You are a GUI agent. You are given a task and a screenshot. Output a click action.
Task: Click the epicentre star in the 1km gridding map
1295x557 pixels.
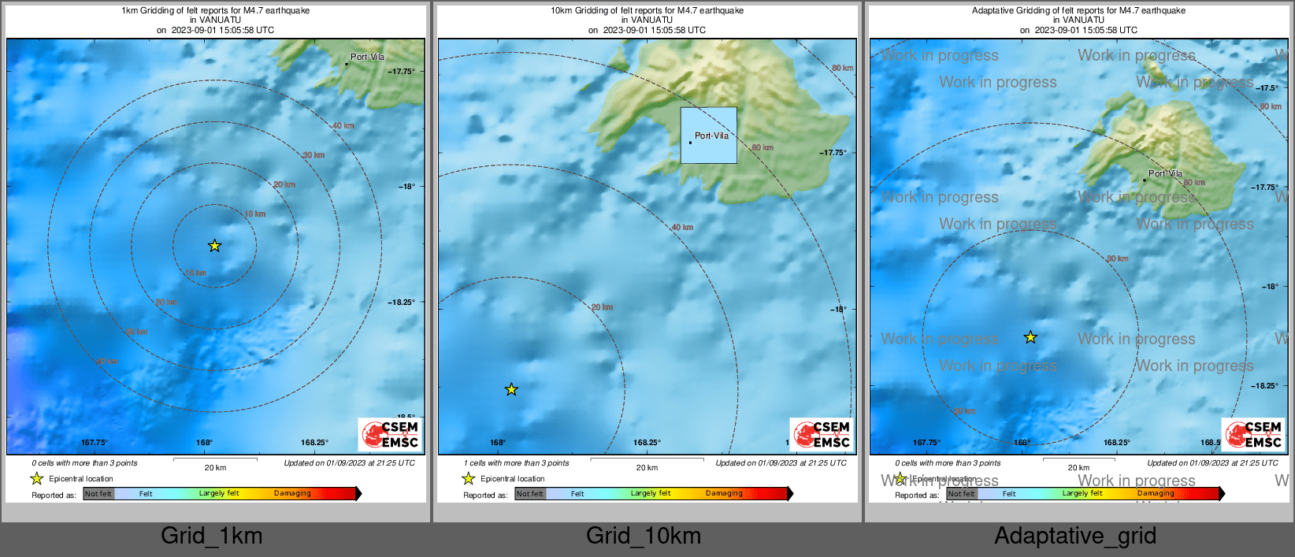click(214, 246)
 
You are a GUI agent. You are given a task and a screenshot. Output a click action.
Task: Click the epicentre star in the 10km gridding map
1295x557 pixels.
click(511, 389)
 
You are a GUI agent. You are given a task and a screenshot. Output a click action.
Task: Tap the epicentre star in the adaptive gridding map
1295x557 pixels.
click(1030, 337)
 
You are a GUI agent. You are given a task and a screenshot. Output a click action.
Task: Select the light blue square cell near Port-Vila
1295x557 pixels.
click(709, 136)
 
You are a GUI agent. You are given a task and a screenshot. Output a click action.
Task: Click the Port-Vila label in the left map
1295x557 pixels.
click(367, 57)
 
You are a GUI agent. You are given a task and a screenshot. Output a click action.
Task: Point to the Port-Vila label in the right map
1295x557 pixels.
click(1165, 173)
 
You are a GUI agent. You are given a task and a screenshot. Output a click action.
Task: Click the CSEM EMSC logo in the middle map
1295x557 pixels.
click(822, 434)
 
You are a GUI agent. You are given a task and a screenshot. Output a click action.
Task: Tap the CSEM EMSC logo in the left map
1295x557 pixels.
click(390, 434)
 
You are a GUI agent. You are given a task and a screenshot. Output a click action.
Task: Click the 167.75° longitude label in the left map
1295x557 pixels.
click(95, 443)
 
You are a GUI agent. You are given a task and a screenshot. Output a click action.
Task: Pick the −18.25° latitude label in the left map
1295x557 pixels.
click(401, 302)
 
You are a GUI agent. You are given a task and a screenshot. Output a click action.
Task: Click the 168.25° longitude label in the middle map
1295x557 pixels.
click(647, 443)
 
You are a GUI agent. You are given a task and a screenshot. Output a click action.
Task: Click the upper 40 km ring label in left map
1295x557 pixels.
click(343, 125)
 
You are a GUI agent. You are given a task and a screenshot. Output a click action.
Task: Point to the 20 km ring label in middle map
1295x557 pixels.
click(602, 307)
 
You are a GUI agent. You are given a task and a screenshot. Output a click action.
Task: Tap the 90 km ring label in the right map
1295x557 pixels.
click(1270, 106)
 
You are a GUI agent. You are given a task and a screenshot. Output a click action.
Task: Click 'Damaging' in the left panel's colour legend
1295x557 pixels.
click(292, 493)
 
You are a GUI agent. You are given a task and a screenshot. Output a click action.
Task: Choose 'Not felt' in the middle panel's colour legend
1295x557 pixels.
click(530, 494)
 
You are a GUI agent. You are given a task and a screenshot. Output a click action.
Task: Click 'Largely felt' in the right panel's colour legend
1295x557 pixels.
click(1082, 493)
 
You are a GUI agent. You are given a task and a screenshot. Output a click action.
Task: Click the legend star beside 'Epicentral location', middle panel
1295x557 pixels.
click(468, 478)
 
